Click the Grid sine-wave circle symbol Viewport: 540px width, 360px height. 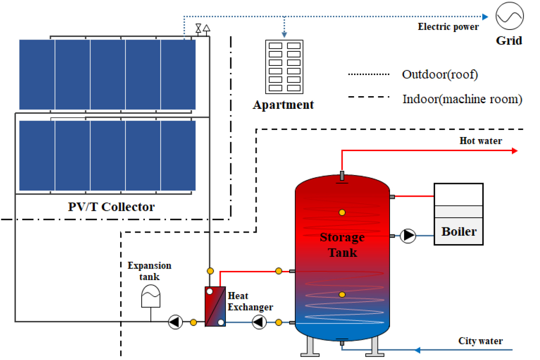click(509, 16)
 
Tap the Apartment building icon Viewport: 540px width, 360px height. click(284, 67)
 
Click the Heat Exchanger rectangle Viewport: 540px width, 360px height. click(215, 306)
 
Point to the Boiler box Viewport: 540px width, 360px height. click(458, 214)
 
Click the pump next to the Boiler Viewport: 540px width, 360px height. click(408, 236)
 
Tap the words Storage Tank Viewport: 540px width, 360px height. click(342, 245)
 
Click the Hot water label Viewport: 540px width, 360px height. click(481, 141)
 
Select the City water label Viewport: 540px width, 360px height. click(481, 341)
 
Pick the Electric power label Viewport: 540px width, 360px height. click(448, 27)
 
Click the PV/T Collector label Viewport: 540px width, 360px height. click(111, 206)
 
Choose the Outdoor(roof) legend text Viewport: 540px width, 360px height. click(440, 74)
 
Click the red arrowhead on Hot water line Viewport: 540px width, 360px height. click(514, 151)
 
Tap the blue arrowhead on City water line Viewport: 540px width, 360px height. click(418, 350)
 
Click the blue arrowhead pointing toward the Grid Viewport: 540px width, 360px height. click(485, 17)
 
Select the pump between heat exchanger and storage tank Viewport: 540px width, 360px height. click(259, 323)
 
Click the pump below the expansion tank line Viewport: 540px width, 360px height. click(175, 322)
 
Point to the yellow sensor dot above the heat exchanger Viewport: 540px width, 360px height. click(210, 271)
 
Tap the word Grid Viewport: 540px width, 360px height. click(509, 41)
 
